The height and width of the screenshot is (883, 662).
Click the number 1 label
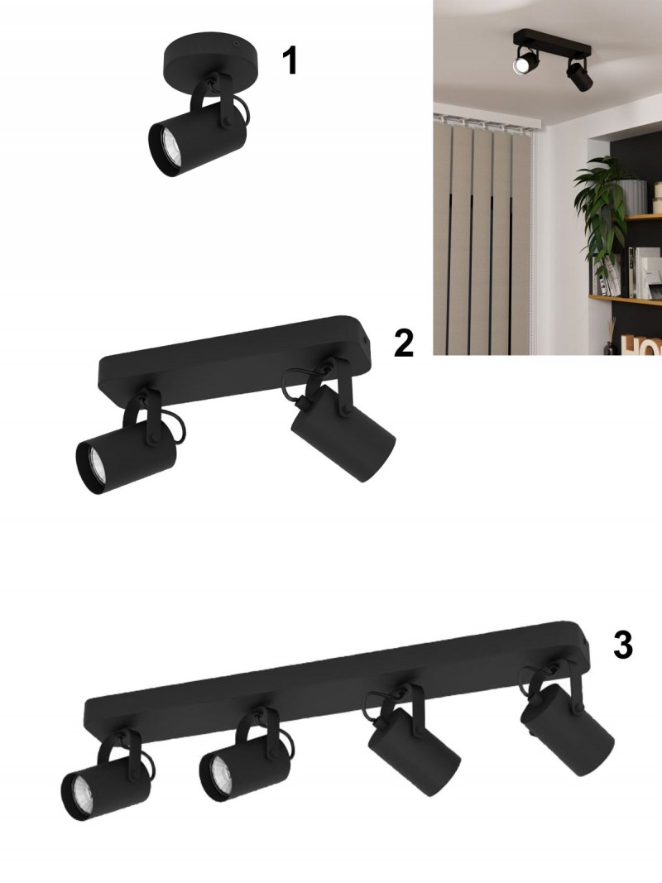[x=290, y=60]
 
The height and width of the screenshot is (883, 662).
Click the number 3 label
[x=622, y=645]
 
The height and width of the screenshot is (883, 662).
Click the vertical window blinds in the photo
[x=482, y=233]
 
